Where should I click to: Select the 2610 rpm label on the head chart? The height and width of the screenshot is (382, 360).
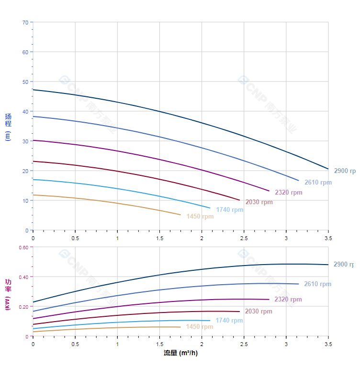click(x=318, y=183)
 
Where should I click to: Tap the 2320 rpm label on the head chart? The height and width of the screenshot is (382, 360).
click(x=289, y=193)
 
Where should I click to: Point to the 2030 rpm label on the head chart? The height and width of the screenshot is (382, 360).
click(x=259, y=202)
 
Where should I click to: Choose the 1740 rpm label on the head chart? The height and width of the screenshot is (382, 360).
click(x=229, y=210)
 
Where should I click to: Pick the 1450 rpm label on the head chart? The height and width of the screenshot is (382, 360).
click(x=200, y=217)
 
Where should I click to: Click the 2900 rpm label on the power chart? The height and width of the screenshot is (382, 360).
click(x=344, y=265)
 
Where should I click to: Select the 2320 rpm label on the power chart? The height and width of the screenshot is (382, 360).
click(x=288, y=300)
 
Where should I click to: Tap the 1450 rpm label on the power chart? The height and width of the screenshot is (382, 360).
click(x=200, y=327)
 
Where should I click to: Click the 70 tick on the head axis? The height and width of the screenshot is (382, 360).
click(x=25, y=22)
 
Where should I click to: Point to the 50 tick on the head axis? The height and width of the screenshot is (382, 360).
click(x=25, y=81)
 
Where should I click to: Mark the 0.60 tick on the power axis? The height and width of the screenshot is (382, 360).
click(x=23, y=247)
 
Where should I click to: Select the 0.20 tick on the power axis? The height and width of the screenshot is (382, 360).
click(x=23, y=306)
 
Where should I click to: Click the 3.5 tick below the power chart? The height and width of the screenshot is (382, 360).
click(x=328, y=344)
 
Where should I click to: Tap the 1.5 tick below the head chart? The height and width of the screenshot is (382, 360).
click(x=159, y=238)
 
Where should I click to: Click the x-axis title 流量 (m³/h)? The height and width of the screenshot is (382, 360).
click(x=180, y=353)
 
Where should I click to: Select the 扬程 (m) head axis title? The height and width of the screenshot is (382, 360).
click(x=8, y=127)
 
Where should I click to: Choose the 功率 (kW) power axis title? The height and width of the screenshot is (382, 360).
click(x=8, y=294)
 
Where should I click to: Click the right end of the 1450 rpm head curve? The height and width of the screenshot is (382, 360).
click(x=180, y=215)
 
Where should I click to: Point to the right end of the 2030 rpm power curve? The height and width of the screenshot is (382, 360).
click(x=239, y=312)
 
